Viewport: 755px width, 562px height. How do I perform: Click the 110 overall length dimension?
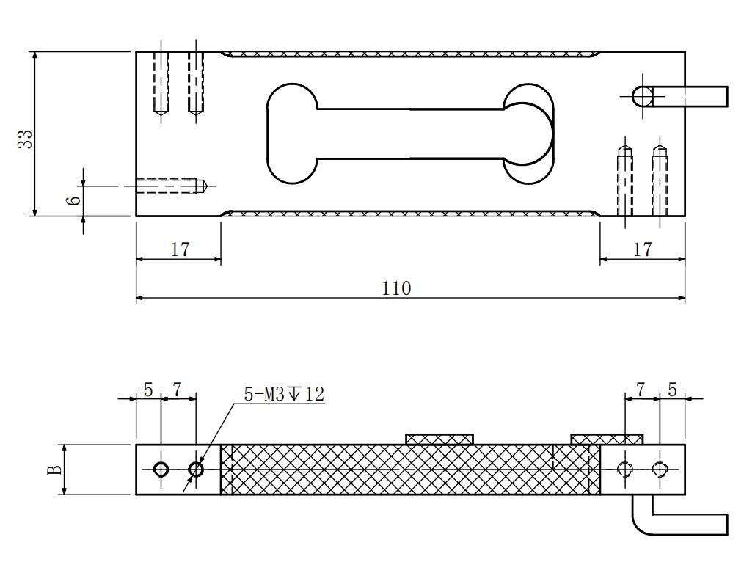coord(397,288)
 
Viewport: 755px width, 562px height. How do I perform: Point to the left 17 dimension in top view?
coord(180,249)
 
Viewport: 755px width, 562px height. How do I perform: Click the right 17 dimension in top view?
coord(642,249)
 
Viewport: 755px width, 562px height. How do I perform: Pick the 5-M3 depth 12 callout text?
coord(283,394)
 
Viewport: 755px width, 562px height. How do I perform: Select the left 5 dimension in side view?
coord(148,390)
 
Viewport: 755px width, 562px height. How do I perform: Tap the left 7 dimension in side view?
coord(178,390)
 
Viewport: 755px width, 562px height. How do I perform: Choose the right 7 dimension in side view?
coord(641,390)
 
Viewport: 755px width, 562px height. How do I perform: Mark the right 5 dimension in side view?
coord(672,390)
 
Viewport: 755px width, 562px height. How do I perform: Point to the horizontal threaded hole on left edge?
coord(171,186)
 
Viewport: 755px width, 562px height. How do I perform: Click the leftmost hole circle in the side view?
coord(161,469)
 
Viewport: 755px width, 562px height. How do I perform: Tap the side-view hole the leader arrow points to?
coord(196,469)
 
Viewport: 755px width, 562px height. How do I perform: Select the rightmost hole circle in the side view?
coord(660,469)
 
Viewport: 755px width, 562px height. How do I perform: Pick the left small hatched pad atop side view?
coord(439,439)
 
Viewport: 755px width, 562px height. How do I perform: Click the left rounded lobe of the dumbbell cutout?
coord(291,133)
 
